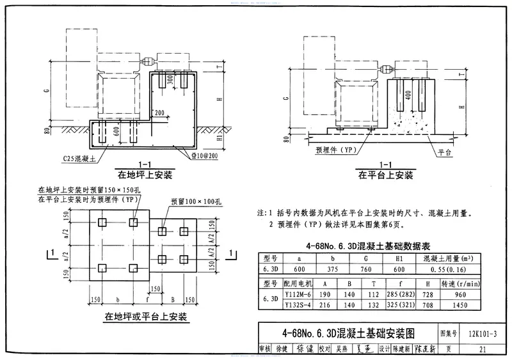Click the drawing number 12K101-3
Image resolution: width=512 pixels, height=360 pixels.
coord(483,334)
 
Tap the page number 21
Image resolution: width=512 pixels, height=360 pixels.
coord(483,348)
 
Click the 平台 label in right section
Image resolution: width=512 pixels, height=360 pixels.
coord(446,154)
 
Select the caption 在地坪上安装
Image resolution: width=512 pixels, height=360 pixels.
coord(145,174)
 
